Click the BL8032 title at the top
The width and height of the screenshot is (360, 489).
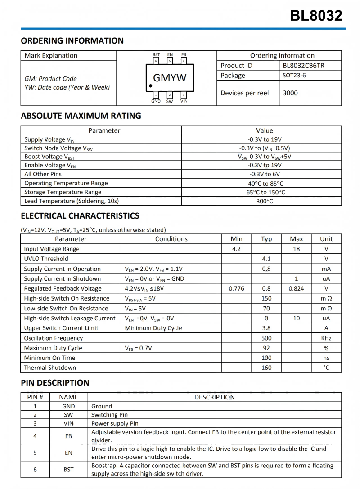coord(316,16)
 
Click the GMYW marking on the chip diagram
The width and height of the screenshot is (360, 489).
coord(170,78)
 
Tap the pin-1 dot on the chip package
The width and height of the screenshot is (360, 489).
coord(151,85)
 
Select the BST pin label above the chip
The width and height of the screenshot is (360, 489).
coord(156,55)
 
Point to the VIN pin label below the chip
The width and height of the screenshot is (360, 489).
coord(184,101)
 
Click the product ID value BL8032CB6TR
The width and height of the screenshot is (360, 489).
coord(303,66)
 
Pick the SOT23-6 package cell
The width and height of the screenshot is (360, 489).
coord(294,76)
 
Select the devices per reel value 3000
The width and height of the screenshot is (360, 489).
coord(290,93)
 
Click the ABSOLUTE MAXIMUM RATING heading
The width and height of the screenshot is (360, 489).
coord(81,116)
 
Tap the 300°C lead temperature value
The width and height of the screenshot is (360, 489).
coord(265,201)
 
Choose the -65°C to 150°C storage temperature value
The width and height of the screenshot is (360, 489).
coord(265,192)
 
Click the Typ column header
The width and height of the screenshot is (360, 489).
coord(266,239)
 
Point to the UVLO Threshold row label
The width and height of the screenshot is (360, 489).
coord(46,259)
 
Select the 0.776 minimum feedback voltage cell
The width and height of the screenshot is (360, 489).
coord(236,288)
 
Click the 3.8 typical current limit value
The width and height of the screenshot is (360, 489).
coord(266,328)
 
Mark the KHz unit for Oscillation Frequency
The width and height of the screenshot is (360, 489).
coord(326,338)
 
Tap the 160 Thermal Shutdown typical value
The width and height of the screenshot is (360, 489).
coord(266,368)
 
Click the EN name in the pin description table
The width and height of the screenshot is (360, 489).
coord(68,453)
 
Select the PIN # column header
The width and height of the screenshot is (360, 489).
coord(35,397)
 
